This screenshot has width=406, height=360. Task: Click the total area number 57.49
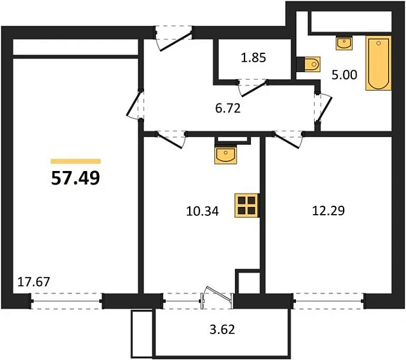point(75,178)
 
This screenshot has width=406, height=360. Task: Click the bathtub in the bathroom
point(376,63)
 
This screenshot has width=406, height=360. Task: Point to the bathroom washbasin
point(344,42)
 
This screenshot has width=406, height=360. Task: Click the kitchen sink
point(226,154)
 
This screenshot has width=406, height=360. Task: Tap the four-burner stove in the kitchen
point(247,206)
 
